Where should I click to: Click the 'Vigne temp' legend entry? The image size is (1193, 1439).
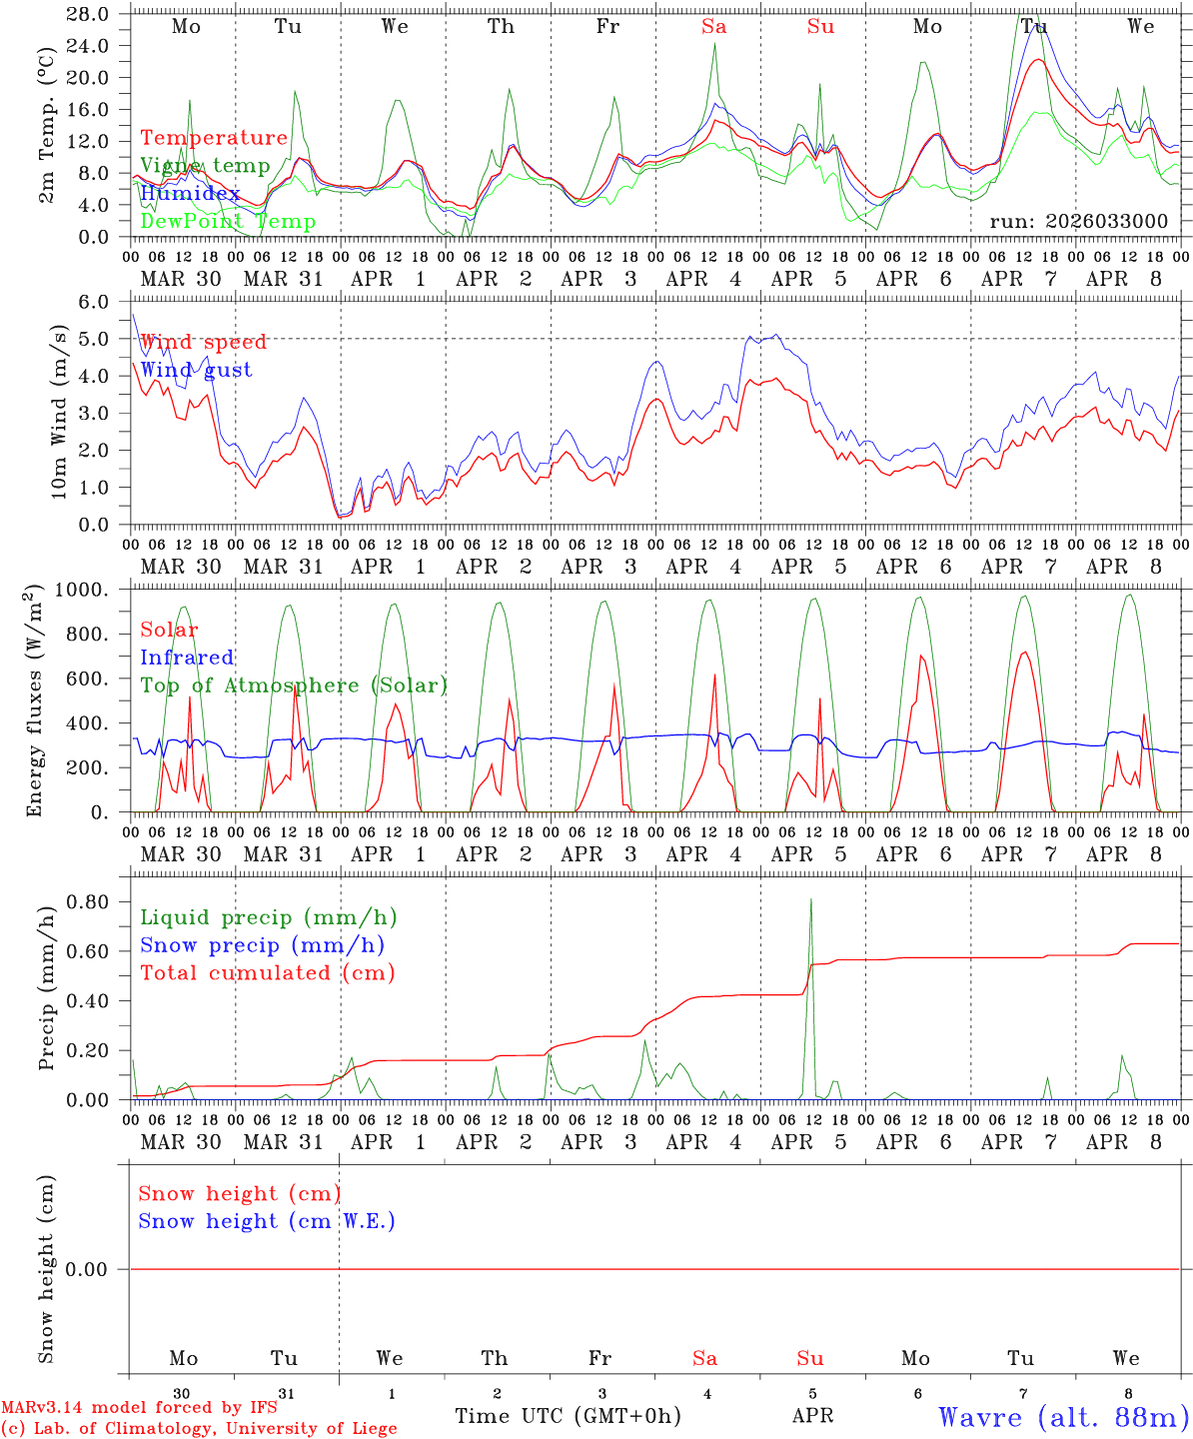pos(205,166)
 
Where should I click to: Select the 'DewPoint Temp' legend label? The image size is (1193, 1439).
pos(228,222)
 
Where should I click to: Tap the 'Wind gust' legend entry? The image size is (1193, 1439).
pos(196,370)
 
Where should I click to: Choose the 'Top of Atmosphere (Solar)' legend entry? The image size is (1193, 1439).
pos(294,686)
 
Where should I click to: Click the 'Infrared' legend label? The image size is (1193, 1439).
pos(187,658)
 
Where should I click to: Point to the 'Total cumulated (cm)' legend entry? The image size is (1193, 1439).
pos(267,973)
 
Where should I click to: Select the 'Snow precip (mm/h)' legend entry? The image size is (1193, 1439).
pos(262,945)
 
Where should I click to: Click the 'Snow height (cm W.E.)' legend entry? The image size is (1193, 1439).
pos(267,1221)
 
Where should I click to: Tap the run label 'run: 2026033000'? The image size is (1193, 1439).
pos(1078,221)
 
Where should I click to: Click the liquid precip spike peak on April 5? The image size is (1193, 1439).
pos(810,899)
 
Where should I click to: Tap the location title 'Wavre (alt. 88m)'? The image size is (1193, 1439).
pos(1064,1417)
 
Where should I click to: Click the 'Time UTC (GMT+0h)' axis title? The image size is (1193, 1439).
pos(568,1416)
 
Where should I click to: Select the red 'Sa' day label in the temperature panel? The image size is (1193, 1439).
pos(713,27)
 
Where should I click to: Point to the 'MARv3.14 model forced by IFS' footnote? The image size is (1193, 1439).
pos(139,1408)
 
